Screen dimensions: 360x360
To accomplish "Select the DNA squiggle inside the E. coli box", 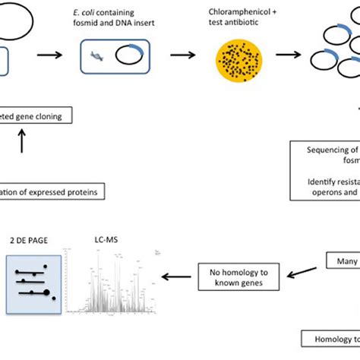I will point(97,57).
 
